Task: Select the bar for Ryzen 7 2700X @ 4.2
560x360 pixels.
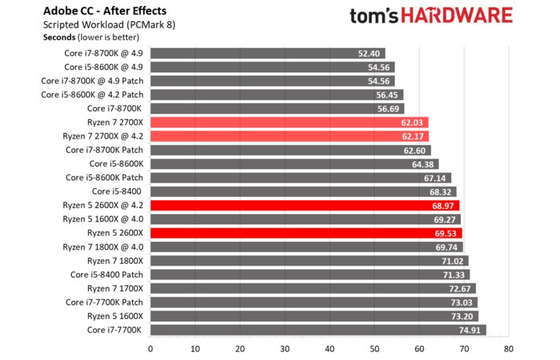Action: (288, 135)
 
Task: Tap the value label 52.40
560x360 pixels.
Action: (369, 53)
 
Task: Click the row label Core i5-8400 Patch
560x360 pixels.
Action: (106, 274)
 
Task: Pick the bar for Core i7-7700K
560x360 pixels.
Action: (317, 330)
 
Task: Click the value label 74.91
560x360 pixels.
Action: (469, 330)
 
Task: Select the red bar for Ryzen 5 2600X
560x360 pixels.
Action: (306, 233)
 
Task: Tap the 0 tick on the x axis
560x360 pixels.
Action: (150, 347)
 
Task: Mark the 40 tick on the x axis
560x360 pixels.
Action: (329, 347)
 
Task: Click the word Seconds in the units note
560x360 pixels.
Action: (60, 37)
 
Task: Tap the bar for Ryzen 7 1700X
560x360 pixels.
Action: (313, 288)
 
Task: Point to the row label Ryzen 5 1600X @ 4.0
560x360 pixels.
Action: (103, 219)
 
